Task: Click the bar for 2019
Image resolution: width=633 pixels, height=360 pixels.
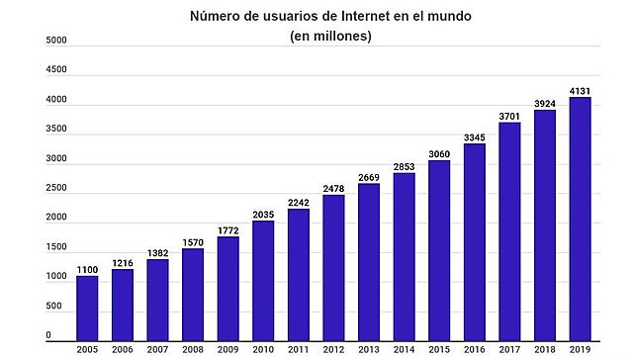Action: (x=580, y=217)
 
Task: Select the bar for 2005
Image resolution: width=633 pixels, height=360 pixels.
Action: (x=87, y=306)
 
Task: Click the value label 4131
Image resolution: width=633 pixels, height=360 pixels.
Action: (x=580, y=91)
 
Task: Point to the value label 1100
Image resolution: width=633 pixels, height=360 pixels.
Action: (x=87, y=269)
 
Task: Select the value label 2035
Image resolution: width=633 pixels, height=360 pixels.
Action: (x=263, y=214)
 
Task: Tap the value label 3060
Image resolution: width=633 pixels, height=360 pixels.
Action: (x=439, y=153)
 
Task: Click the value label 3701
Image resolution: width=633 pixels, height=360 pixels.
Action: (x=509, y=116)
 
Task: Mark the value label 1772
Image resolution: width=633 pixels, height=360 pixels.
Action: (x=227, y=229)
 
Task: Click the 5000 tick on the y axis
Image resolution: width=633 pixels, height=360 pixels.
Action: (x=56, y=41)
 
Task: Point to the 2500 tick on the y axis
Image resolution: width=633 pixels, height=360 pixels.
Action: (x=56, y=188)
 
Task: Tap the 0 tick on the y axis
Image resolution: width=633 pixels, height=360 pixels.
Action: (x=48, y=336)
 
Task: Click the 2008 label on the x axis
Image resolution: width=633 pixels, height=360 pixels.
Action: (x=193, y=349)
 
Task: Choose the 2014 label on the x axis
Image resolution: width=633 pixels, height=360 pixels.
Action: (x=404, y=349)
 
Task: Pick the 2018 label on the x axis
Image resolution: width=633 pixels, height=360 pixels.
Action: (x=544, y=349)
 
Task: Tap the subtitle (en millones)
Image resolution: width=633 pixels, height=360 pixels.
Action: (x=330, y=37)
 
